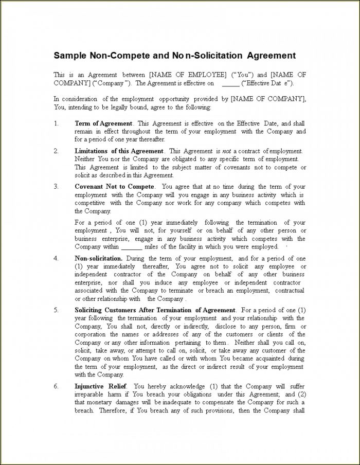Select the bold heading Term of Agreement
click(103, 123)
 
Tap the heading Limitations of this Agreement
click(119, 151)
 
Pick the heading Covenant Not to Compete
click(114, 187)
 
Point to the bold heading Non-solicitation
click(98, 258)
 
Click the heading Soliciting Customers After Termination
click(155, 310)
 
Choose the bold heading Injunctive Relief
click(102, 386)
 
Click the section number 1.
click(56, 123)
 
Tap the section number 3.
click(56, 187)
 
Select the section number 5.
click(56, 310)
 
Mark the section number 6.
click(56, 386)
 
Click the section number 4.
click(56, 258)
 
